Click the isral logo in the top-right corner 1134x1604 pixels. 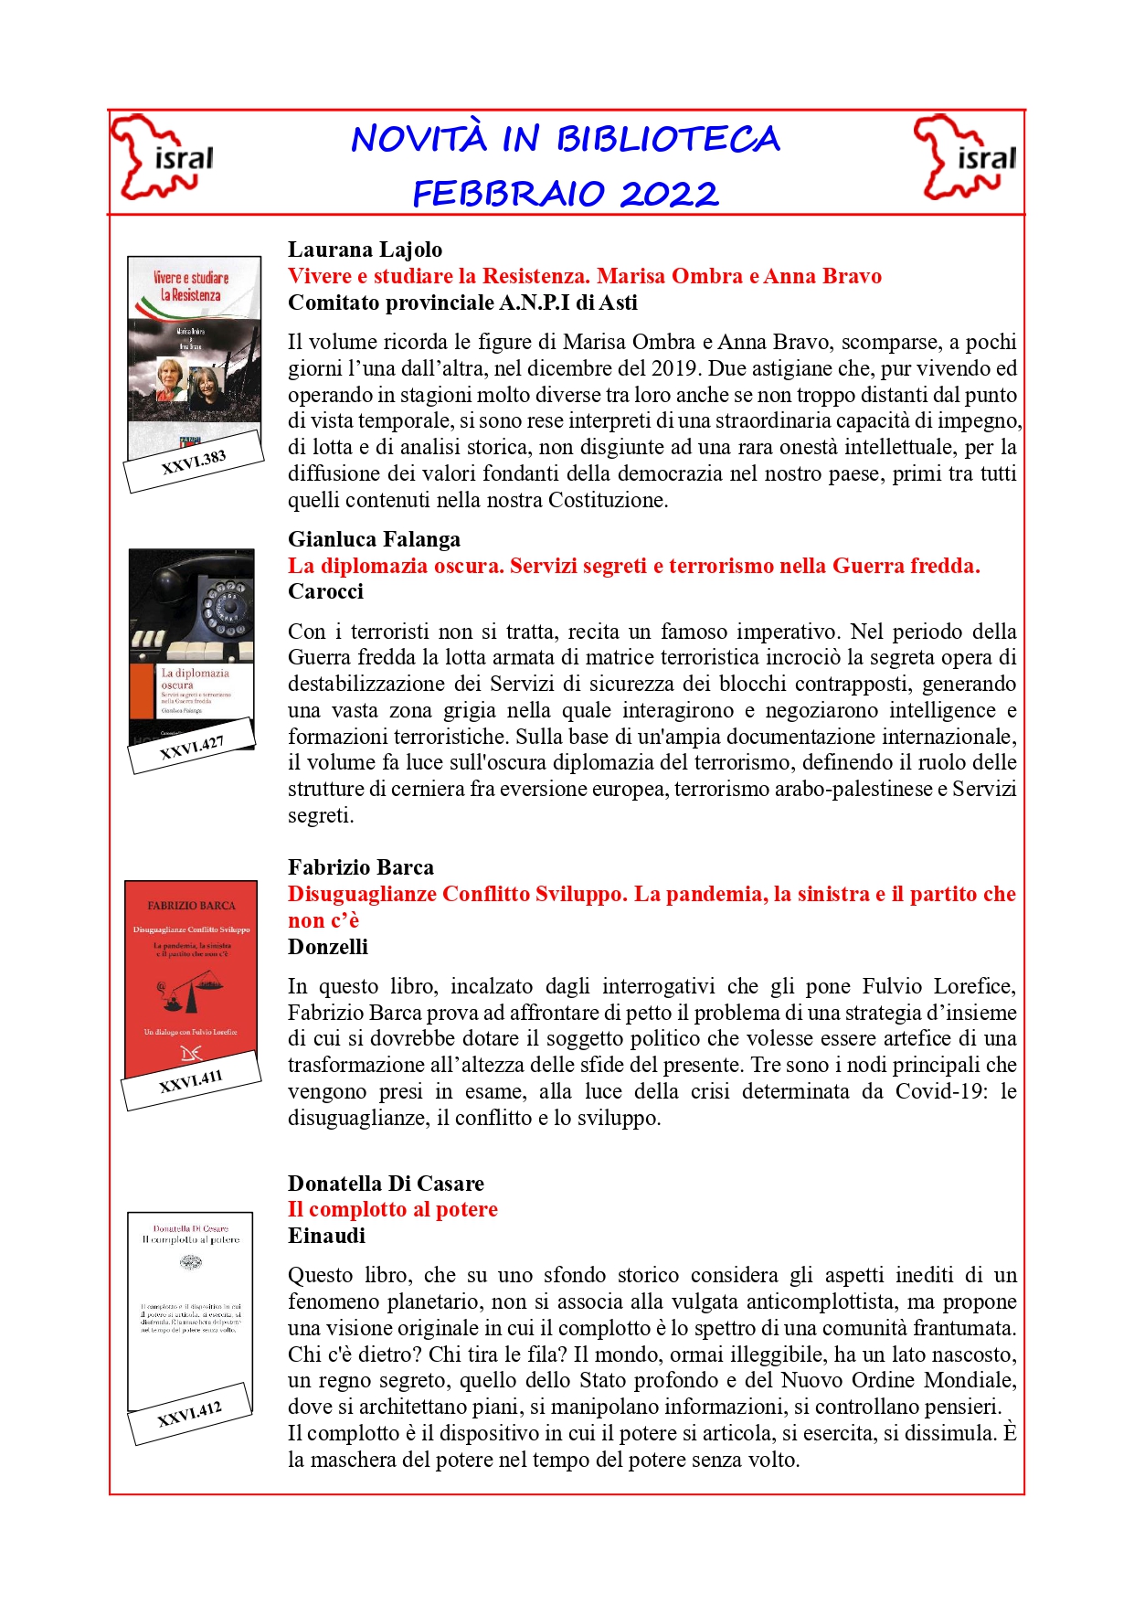coord(965,158)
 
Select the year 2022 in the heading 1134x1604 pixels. coord(670,194)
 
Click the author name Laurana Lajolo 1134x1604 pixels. coord(365,250)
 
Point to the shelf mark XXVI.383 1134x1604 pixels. coord(194,462)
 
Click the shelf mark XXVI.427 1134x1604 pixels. coord(192,748)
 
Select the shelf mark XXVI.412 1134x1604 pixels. coord(189,1414)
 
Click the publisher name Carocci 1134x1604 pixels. coord(325,591)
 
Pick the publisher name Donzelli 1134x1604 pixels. coord(328,947)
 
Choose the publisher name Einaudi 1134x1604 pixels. coord(326,1236)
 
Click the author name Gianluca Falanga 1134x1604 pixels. coord(374,539)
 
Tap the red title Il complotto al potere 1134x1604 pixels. coord(393,1209)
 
